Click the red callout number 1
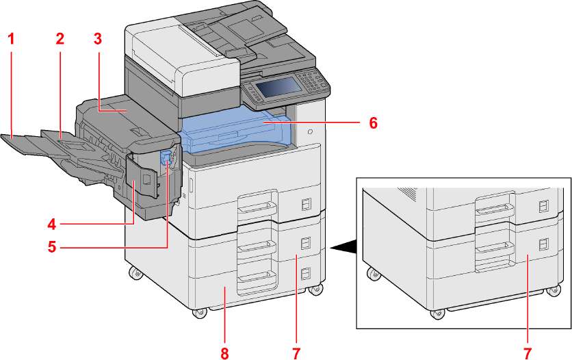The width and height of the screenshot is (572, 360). coord(12,38)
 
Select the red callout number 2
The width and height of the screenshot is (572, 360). coord(60,38)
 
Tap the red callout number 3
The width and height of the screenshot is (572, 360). coord(97,38)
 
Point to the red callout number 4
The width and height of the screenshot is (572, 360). coord(52,224)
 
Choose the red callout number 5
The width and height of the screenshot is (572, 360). coord(52,247)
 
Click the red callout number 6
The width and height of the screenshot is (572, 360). coord(373,123)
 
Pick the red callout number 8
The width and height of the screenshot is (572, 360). coord(224,352)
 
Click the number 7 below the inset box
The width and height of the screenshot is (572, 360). coord(527,352)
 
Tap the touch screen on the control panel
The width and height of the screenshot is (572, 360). coord(278,87)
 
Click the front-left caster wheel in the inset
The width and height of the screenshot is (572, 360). coord(436,313)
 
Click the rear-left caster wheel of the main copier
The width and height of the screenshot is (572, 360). coord(135,273)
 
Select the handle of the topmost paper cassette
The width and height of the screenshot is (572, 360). coord(257,207)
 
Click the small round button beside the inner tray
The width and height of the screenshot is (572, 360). coord(311,131)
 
